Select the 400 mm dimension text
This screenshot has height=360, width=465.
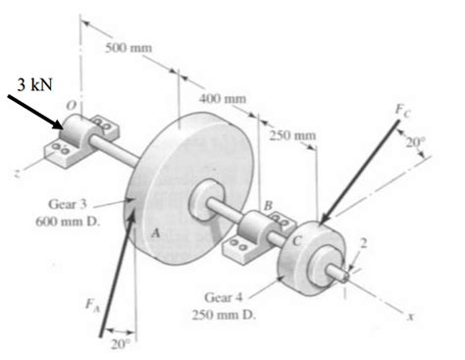[223, 98]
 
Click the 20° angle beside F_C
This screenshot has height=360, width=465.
[416, 142]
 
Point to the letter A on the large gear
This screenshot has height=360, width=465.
[154, 233]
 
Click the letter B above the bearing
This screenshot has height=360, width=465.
[266, 205]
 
